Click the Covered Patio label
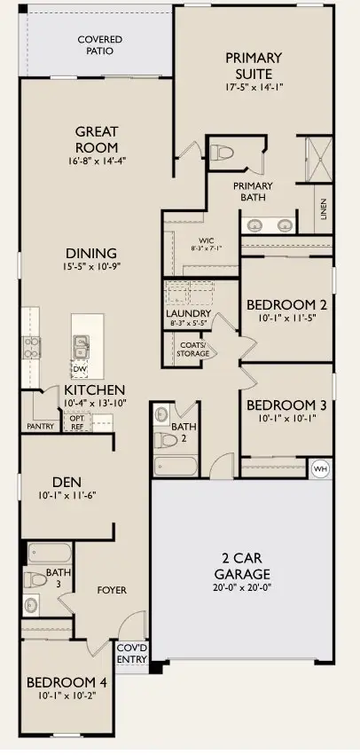(99, 46)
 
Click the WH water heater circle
(320, 468)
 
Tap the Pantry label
(41, 426)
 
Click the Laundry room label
(188, 314)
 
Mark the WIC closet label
(207, 240)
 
